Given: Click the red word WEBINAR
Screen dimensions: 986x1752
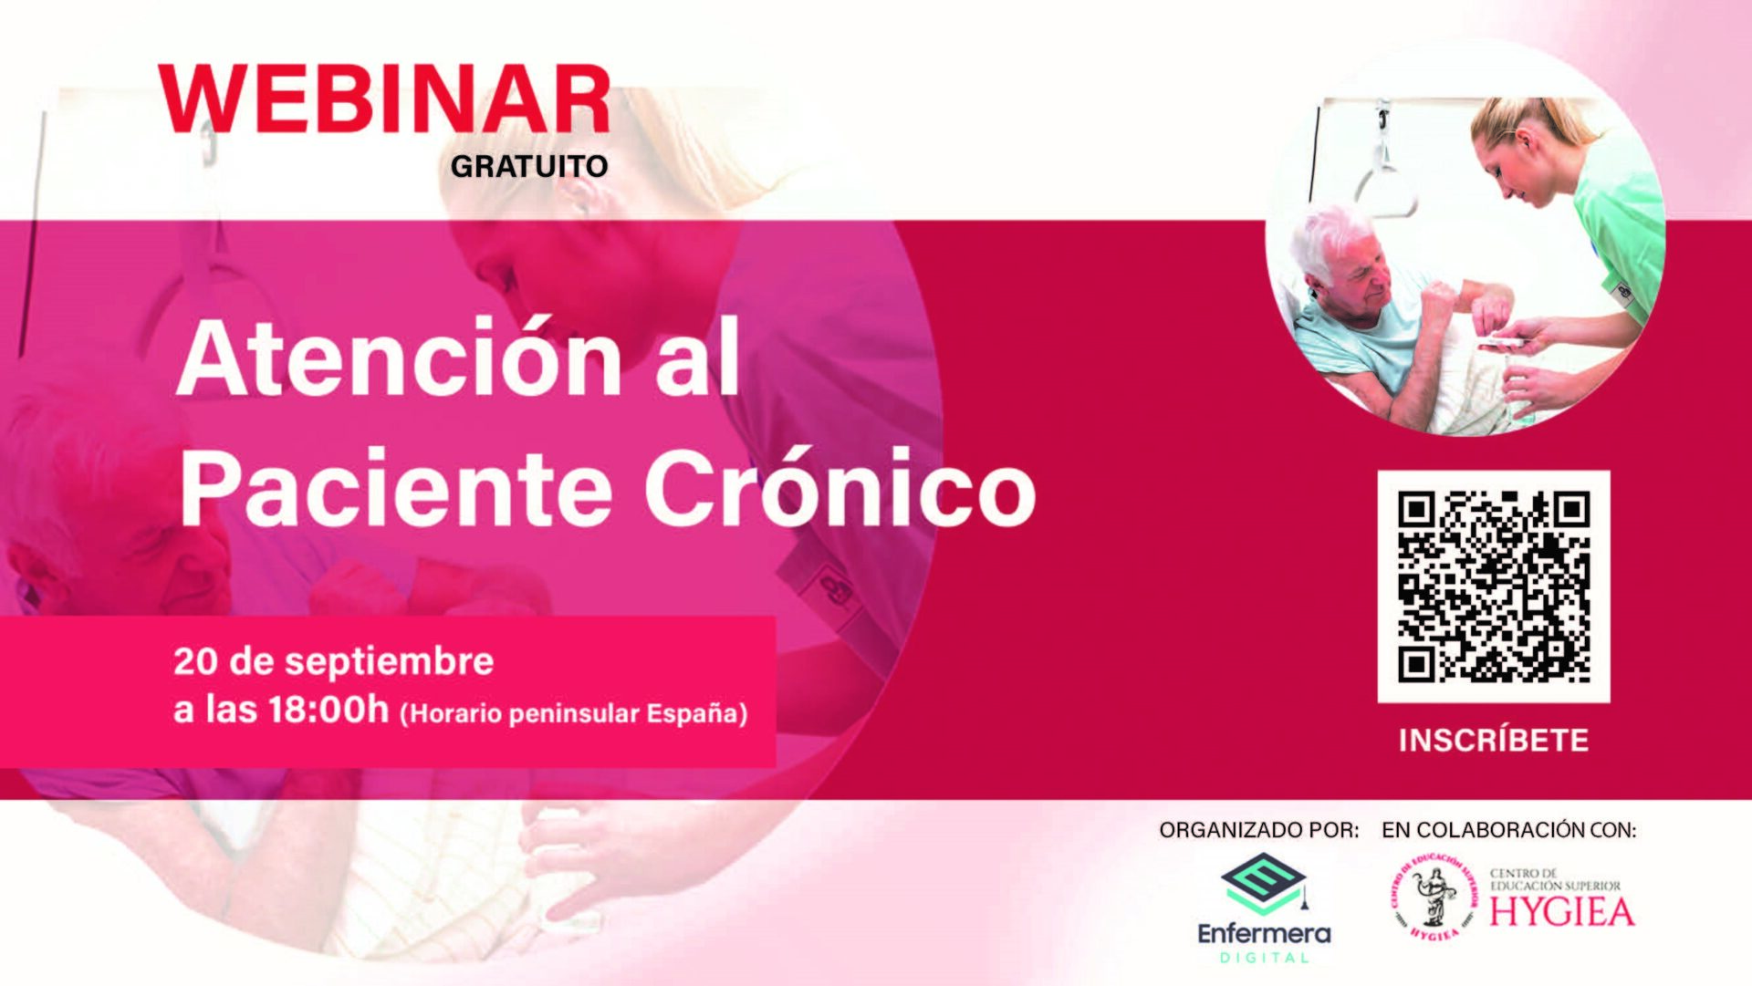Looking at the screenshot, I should [384, 100].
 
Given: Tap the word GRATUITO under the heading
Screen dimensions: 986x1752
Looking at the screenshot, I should [529, 166].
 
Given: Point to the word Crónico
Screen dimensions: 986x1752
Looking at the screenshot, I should [839, 488].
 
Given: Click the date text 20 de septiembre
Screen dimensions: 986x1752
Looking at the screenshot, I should [333, 661].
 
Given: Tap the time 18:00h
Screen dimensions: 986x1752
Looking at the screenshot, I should [328, 710].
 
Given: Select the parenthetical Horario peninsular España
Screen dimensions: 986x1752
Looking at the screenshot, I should [574, 713].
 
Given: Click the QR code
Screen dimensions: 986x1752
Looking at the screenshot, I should [1493, 586].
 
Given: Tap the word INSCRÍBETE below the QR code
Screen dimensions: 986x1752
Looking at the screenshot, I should [1494, 740].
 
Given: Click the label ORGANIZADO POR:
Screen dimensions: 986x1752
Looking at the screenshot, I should [1258, 830].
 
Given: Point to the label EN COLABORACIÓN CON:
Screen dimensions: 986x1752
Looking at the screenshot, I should [1508, 830].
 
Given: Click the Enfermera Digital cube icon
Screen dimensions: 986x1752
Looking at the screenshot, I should [1263, 884].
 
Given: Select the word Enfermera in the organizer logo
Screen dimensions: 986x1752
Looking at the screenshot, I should [1263, 934].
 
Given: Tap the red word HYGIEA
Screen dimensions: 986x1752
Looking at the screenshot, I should [1561, 912].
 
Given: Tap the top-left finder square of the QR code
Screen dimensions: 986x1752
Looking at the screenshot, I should [1416, 510].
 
